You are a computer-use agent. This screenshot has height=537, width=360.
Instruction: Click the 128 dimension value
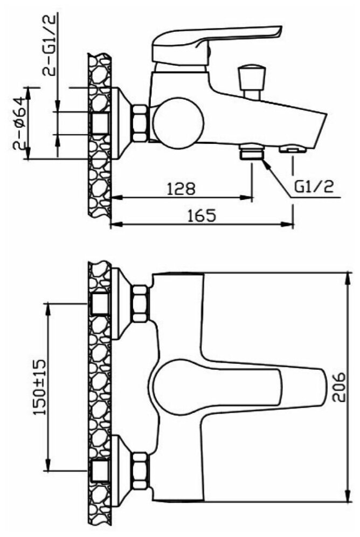click(x=181, y=189)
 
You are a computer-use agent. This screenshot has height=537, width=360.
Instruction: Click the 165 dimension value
click(x=202, y=216)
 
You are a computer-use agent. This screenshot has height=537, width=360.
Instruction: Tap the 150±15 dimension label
click(x=40, y=387)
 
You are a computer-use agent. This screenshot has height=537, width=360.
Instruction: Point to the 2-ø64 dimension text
click(x=19, y=123)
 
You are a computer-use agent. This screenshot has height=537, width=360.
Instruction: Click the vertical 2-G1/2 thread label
click(x=49, y=45)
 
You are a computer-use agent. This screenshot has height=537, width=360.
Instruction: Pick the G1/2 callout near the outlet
click(x=314, y=187)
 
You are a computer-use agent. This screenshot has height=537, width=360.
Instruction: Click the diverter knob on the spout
click(x=253, y=81)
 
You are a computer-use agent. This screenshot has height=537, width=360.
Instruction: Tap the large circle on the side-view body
click(x=178, y=122)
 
